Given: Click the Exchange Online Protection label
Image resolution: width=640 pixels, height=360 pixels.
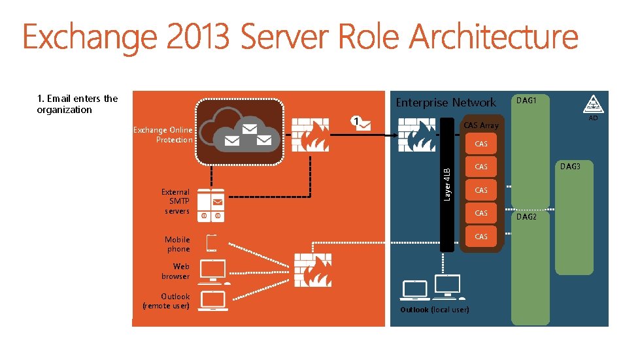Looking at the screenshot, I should pos(163,135).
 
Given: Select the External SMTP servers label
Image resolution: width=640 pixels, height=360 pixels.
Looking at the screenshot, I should pos(176,201).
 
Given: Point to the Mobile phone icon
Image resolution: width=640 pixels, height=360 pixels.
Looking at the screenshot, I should pos(212,243).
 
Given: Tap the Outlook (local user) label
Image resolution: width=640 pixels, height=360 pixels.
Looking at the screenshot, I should pos(434,309).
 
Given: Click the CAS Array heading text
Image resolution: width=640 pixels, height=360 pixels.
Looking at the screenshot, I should pos(480,125).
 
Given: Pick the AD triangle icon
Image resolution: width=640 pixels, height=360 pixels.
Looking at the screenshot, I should pos(592,104).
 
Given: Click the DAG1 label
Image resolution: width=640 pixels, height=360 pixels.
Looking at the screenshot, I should pos(526,101).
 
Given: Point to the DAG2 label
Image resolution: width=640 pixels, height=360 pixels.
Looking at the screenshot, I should pos(526,217).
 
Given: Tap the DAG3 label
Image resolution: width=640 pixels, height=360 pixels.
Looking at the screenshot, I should pos(570,167).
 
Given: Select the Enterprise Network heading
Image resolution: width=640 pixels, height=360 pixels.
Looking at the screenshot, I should pos(446,103).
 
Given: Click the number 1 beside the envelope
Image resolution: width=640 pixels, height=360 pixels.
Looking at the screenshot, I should pos(354,121).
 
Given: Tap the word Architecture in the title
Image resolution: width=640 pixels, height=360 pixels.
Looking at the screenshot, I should pos(494,37).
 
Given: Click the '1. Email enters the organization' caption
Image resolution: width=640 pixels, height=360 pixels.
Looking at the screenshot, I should pos(77,104).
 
